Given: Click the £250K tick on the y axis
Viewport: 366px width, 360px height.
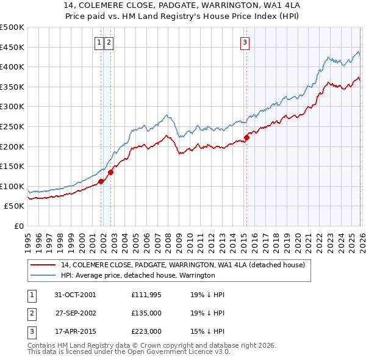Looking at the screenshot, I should tap(12, 126).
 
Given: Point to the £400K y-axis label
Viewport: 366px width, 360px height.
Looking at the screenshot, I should tap(12, 67).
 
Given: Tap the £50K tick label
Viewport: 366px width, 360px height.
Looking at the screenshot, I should tap(14, 206).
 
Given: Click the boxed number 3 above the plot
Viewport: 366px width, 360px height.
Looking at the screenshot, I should tap(245, 42).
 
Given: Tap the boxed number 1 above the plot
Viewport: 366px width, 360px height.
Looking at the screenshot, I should tap(99, 42).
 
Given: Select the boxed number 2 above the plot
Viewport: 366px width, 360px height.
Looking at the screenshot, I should tap(109, 42).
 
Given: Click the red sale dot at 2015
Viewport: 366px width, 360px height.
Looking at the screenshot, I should tap(246, 137).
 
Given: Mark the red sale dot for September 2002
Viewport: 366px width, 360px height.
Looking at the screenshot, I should tap(111, 172).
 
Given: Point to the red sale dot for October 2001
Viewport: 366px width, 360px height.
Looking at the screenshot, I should tap(101, 181).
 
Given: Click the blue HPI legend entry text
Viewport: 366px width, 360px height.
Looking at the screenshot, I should tap(138, 276).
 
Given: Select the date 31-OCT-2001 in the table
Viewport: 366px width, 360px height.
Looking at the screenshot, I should tap(75, 295).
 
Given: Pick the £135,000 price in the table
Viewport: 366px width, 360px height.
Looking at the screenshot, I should tap(146, 313).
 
